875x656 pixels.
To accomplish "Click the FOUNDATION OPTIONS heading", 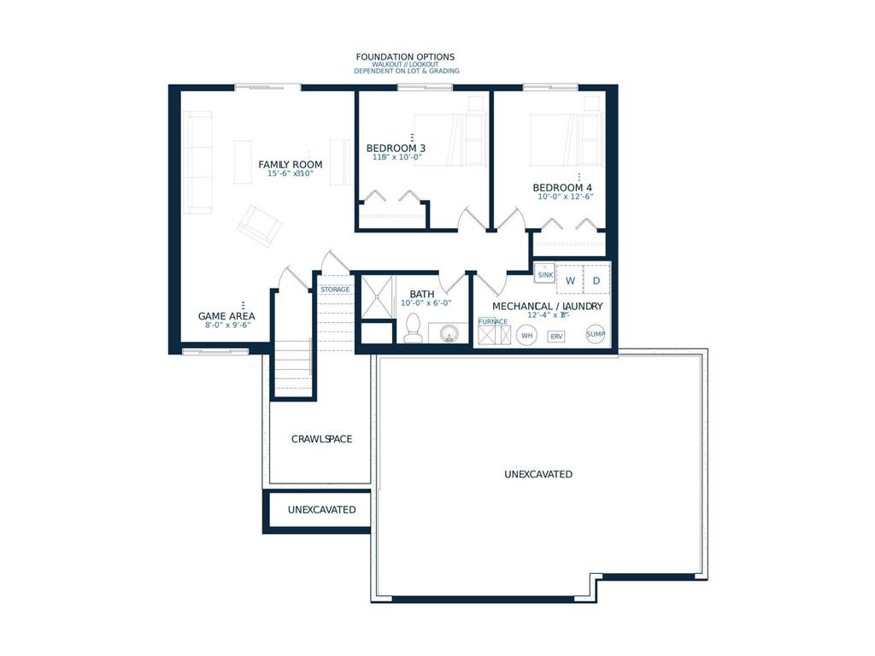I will coord(406,57).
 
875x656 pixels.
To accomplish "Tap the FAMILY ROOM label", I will coord(291,164).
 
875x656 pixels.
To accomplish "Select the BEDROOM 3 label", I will coord(396,148).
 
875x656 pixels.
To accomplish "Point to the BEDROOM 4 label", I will coord(562,188).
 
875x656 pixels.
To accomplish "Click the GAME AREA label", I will coord(226,316).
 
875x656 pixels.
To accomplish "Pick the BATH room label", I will coord(422,294).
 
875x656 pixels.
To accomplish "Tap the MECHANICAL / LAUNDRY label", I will coord(547,306).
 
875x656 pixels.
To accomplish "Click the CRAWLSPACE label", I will coord(321,439).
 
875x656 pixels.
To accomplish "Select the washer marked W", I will coord(570,280).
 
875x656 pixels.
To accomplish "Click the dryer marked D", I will coord(596,280).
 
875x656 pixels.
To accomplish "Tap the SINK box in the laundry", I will coord(544,273).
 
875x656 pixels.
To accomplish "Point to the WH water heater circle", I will coord(527,335).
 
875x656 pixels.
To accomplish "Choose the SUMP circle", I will coord(596,334).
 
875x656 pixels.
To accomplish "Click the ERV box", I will coord(556,337).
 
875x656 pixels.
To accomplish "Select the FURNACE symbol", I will coord(494,332).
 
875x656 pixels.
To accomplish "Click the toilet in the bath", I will coord(413,329).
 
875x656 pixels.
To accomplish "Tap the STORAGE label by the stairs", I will coord(335,290).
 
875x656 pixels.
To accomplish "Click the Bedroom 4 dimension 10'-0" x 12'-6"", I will coord(565,196).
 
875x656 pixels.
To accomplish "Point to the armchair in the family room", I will coord(260,225).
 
